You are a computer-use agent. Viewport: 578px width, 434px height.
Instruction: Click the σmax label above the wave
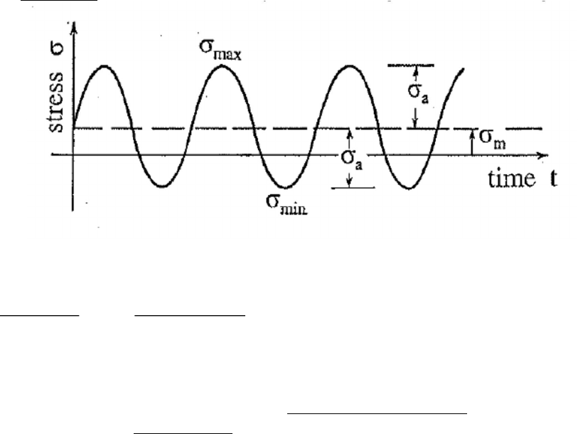pos(220,50)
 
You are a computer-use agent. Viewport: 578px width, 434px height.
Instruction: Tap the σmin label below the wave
pos(287,204)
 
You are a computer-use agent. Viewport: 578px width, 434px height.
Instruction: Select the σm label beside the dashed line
pos(493,139)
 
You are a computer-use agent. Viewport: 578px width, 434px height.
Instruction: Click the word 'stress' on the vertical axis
pos(55,102)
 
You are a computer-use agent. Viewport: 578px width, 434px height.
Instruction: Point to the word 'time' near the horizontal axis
pos(512,179)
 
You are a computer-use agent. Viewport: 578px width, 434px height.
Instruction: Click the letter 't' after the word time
pos(553,179)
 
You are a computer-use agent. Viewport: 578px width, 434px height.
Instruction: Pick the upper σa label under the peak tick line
pos(418,93)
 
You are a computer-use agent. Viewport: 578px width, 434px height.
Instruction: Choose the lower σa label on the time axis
pos(352,160)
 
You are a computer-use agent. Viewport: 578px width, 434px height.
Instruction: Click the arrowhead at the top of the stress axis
pos(74,26)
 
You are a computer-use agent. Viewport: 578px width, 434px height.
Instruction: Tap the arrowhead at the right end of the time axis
pos(543,155)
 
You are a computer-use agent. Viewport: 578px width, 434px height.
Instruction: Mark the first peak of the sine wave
pos(105,66)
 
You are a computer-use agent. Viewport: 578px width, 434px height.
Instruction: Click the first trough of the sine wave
pos(162,186)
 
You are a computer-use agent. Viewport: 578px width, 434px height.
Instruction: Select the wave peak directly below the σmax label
pos(222,65)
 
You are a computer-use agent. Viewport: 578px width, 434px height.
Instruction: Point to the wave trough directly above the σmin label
pos(286,188)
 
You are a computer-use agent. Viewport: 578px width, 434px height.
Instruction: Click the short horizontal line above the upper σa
pos(411,65)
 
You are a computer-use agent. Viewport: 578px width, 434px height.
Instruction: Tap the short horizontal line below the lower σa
pos(353,188)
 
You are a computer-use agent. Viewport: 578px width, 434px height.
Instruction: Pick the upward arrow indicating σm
pos(472,142)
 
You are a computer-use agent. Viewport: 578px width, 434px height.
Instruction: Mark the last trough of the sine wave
pos(409,189)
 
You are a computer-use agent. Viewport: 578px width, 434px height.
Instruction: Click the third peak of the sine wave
pos(349,66)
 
